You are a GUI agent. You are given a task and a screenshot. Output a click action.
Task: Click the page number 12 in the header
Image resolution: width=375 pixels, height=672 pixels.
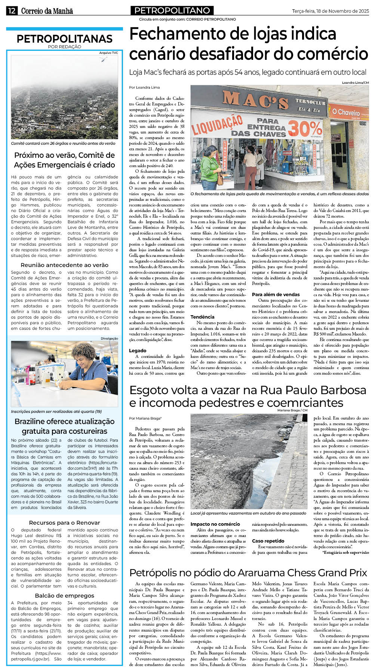tap(12, 11)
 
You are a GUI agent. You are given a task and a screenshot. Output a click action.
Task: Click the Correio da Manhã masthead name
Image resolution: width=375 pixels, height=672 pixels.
tap(47, 11)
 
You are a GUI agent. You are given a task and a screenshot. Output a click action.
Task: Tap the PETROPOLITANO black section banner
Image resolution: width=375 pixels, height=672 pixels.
tap(172, 10)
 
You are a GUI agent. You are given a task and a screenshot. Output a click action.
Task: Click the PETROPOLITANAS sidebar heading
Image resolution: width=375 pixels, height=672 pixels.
tap(64, 39)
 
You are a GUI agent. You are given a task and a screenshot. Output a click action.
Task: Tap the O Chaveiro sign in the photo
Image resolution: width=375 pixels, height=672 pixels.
tap(346, 112)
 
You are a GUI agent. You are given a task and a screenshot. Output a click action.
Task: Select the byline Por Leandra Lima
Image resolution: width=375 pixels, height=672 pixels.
tap(144, 88)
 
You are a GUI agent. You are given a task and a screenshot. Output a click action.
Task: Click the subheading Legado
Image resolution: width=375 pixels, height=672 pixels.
tap(138, 350)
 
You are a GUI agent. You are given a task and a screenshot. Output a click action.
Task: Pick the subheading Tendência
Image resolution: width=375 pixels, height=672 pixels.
tap(202, 317)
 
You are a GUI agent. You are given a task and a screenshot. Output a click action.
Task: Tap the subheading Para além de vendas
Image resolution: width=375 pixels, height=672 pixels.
tap(276, 294)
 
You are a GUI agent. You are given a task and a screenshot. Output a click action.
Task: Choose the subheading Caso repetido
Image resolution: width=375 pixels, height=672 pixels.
tap(268, 541)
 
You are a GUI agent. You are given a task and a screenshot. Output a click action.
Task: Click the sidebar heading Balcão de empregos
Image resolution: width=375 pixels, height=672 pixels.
tap(64, 595)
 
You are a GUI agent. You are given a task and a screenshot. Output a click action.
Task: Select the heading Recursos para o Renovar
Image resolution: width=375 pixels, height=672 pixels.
tap(64, 522)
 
